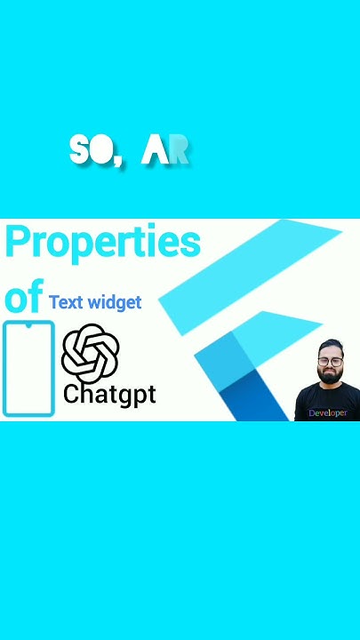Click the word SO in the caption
92,151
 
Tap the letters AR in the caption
166,151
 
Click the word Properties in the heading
103,243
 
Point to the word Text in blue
66,302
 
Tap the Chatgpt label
109,394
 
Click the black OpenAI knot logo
90,353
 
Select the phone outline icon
28,370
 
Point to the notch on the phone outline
28,326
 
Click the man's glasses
330,362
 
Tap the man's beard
330,377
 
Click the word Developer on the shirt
327,413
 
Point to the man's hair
330,346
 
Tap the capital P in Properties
20,243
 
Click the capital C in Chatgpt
72,394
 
